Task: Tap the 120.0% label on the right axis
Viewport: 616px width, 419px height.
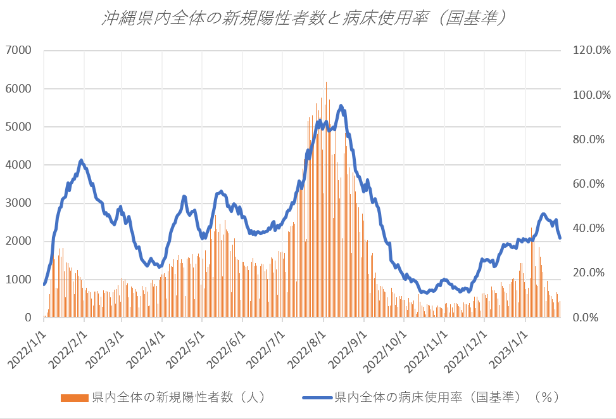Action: click(x=591, y=50)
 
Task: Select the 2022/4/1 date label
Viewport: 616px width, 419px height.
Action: click(x=145, y=346)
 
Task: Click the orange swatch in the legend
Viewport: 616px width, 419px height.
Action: click(x=75, y=397)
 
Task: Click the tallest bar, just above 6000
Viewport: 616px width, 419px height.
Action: click(x=327, y=84)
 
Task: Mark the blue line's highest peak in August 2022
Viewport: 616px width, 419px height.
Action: click(x=341, y=106)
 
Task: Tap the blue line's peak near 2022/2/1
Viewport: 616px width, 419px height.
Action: click(x=81, y=160)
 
